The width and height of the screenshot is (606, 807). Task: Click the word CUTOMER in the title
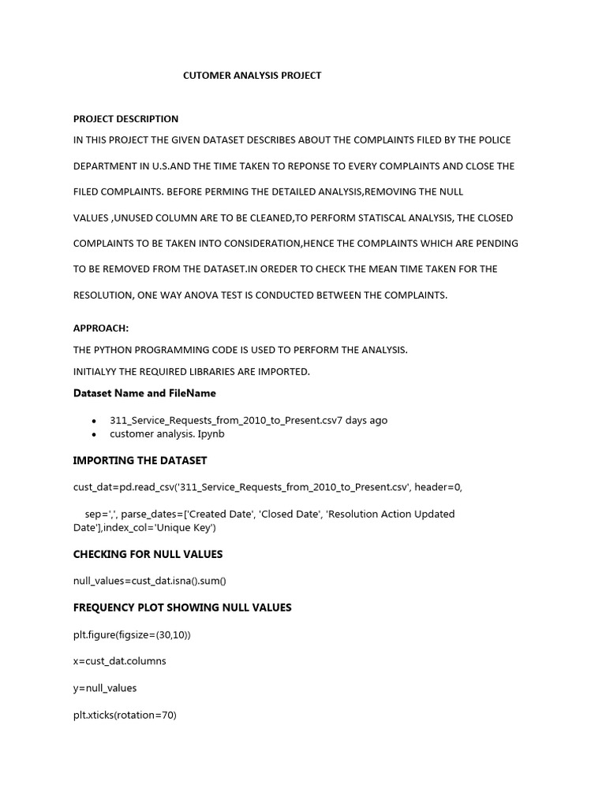(207, 76)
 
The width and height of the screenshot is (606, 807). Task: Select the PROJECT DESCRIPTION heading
(126, 119)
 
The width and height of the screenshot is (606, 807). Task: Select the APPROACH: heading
(101, 329)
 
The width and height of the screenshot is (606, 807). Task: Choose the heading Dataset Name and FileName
(144, 393)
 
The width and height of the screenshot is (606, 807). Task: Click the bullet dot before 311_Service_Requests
(95, 422)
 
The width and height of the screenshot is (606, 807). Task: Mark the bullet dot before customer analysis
(95, 435)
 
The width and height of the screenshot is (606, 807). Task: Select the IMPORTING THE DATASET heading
(140, 460)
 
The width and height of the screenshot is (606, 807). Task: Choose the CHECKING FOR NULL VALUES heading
(148, 554)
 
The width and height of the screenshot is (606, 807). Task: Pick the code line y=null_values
(105, 688)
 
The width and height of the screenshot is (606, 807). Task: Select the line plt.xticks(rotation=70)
(125, 716)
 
